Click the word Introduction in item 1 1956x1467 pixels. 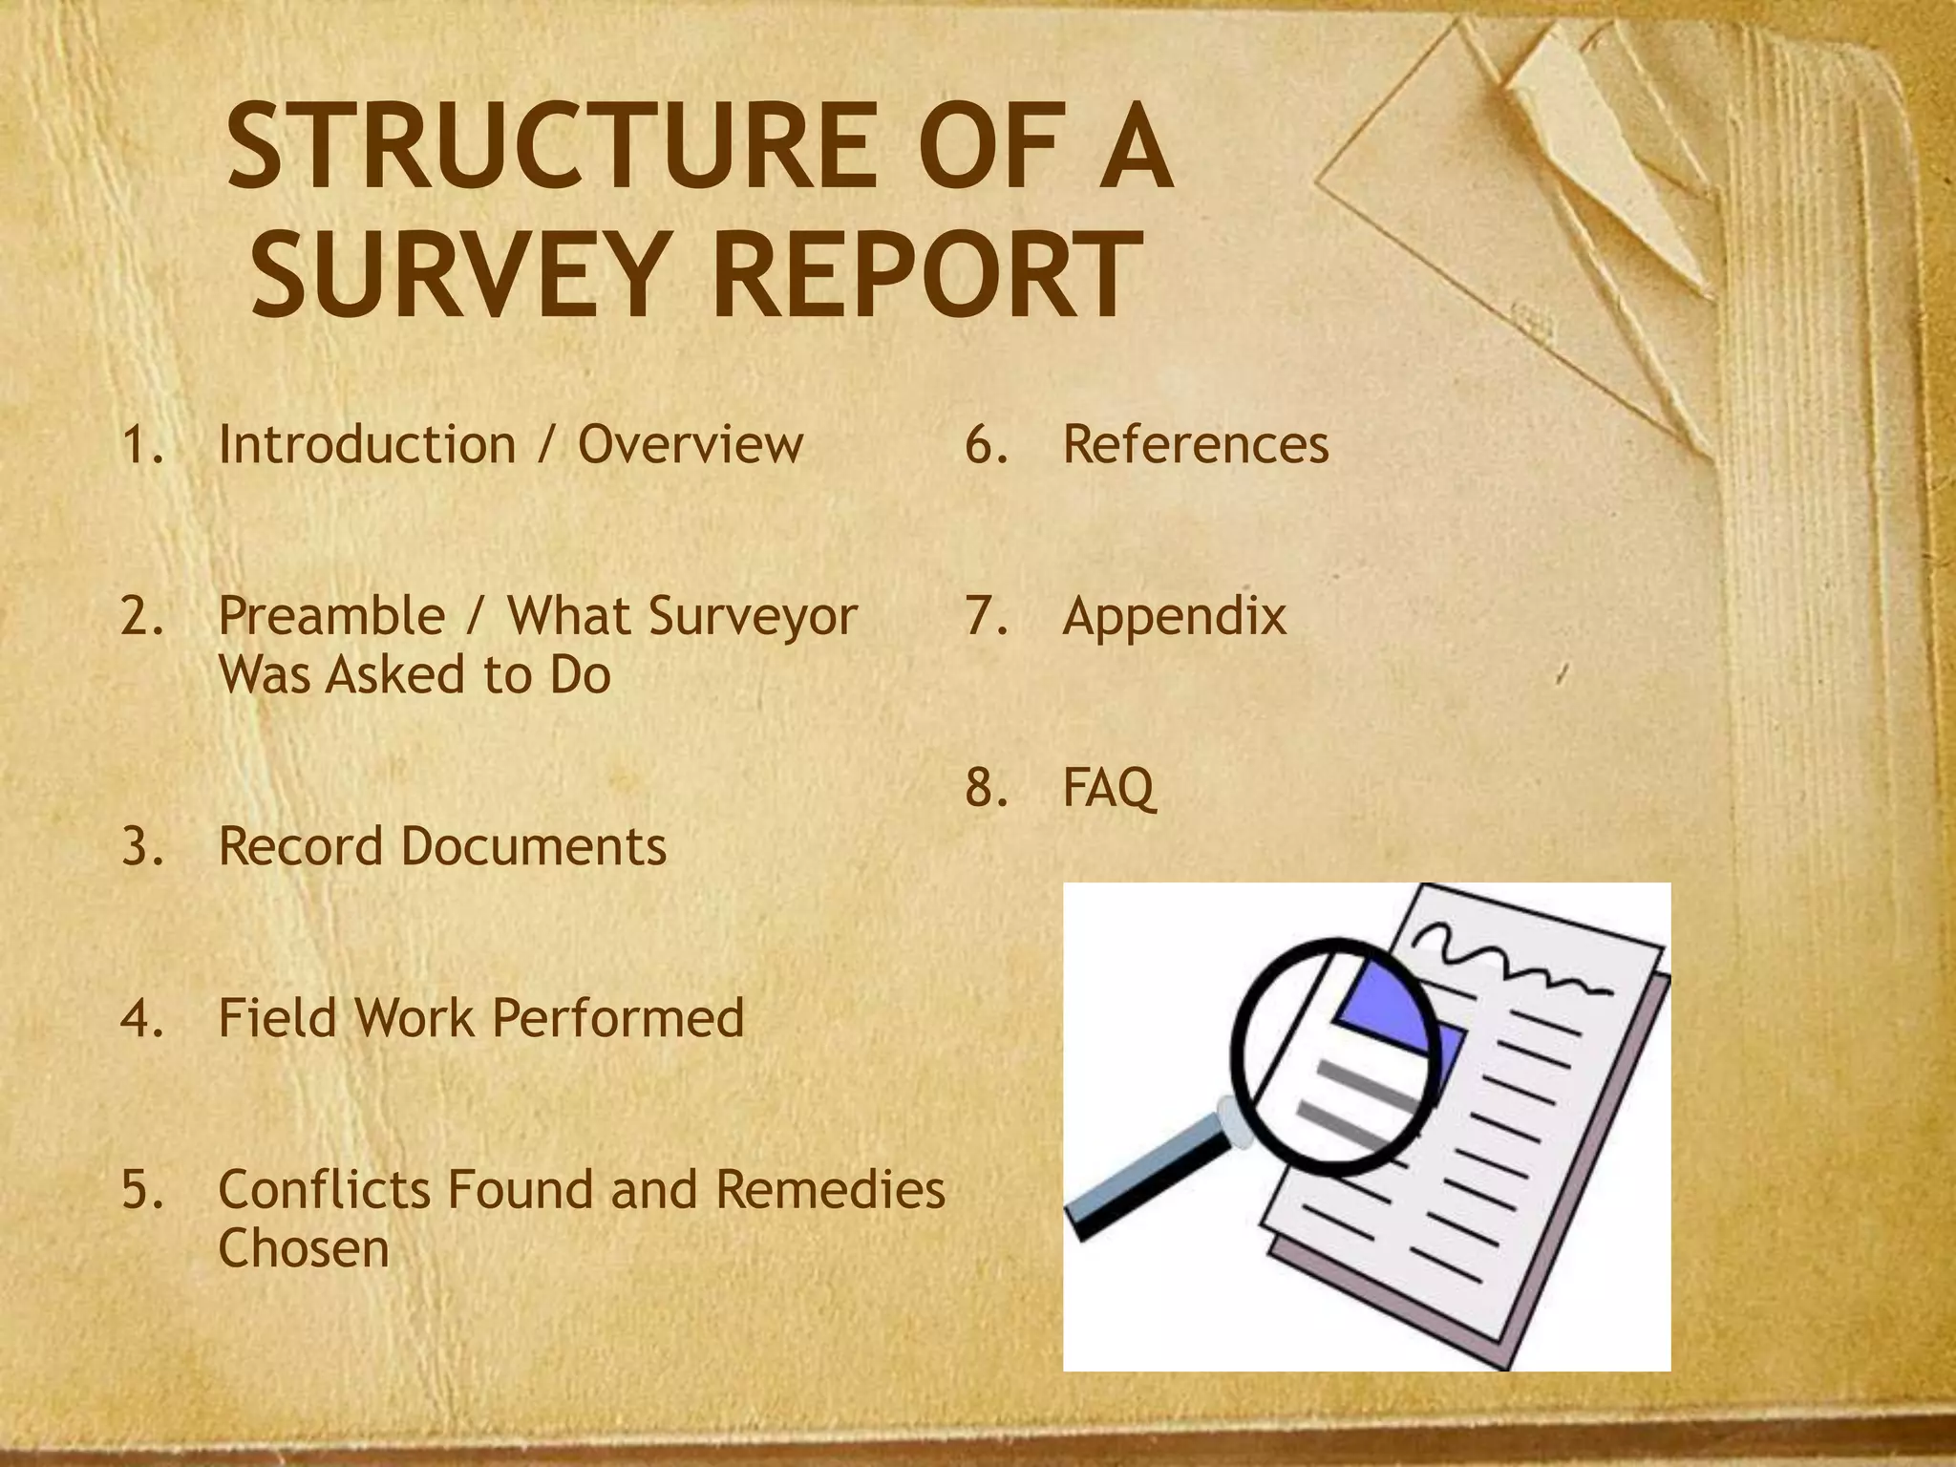[367, 445]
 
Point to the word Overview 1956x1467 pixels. [691, 445]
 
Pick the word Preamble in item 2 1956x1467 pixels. [331, 616]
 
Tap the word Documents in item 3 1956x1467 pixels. [533, 847]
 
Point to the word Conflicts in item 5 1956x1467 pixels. [324, 1190]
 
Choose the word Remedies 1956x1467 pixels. [830, 1190]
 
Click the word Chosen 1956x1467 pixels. [304, 1248]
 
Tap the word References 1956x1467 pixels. [1195, 445]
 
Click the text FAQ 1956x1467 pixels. [1108, 789]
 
